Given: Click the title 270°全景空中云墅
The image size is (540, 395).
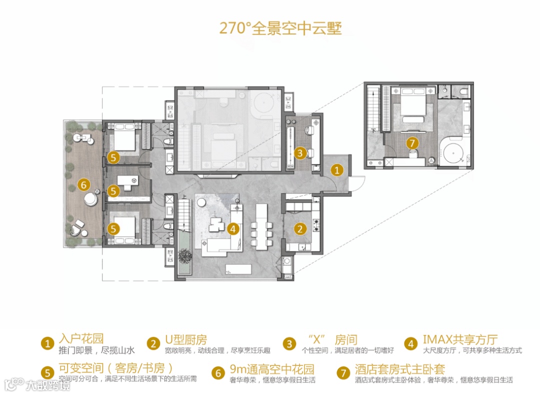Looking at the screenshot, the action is click(x=280, y=27).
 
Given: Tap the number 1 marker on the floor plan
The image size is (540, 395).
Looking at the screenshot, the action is click(x=337, y=170).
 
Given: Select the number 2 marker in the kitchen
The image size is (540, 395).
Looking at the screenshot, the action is click(x=299, y=229).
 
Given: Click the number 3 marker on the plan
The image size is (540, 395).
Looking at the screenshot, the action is click(x=299, y=153).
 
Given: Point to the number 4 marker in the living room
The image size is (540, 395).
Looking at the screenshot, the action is click(x=232, y=229).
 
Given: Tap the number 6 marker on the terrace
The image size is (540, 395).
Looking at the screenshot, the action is click(x=84, y=184).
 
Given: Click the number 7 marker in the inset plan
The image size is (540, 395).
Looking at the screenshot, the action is click(x=412, y=143).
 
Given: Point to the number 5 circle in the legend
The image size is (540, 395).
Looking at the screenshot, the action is click(x=47, y=372).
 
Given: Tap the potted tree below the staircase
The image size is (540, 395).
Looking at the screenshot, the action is click(x=184, y=255).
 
